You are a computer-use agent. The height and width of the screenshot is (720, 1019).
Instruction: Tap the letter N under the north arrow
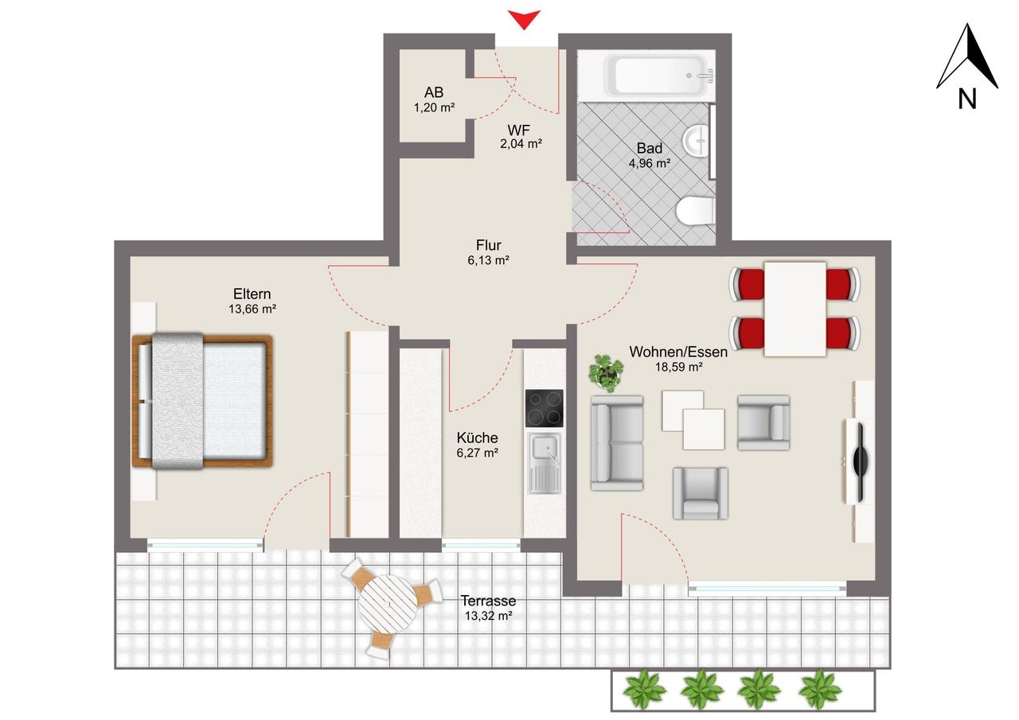(x=967, y=99)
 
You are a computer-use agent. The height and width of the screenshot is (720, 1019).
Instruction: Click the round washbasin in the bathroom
(x=696, y=141)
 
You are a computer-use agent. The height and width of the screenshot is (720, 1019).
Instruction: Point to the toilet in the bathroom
(x=694, y=211)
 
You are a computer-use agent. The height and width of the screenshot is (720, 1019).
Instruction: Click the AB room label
(x=434, y=92)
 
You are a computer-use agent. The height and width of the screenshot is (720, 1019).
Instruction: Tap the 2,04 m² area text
(x=521, y=144)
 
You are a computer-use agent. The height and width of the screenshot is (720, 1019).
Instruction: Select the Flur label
(x=489, y=245)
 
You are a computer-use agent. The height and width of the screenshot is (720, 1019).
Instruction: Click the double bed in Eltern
(x=202, y=401)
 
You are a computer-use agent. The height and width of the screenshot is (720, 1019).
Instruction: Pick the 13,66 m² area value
(x=252, y=309)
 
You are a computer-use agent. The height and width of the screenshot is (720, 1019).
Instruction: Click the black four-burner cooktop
(x=544, y=408)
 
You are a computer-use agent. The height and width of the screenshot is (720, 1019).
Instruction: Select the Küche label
(x=477, y=438)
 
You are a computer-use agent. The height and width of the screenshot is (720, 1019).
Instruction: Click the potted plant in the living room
(x=606, y=372)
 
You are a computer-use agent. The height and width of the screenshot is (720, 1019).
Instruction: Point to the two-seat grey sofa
(x=617, y=443)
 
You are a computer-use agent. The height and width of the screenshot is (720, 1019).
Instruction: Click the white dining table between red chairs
(x=795, y=309)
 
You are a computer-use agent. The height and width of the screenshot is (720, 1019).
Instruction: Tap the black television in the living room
(x=859, y=462)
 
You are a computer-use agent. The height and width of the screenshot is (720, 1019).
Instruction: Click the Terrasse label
(x=489, y=601)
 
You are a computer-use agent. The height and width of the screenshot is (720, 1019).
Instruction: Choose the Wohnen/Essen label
(x=678, y=352)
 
